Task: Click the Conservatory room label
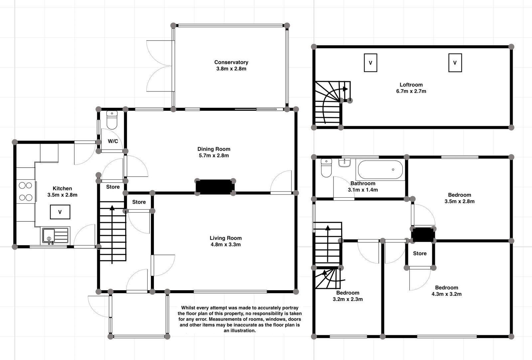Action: click(x=231, y=62)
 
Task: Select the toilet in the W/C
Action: click(x=112, y=120)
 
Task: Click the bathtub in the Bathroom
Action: click(x=380, y=170)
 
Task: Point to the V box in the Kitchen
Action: click(x=60, y=212)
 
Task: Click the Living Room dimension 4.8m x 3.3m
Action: click(x=225, y=245)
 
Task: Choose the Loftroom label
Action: click(x=411, y=85)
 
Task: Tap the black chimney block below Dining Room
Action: click(x=214, y=187)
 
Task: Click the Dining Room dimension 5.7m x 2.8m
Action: click(x=213, y=155)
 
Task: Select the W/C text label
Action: click(x=113, y=141)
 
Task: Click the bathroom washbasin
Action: click(x=345, y=162)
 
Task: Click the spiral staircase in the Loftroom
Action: click(x=329, y=101)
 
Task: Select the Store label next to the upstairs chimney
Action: click(x=420, y=254)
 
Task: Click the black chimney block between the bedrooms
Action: click(x=423, y=235)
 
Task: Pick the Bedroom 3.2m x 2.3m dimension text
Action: click(x=347, y=299)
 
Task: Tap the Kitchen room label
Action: click(x=62, y=188)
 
